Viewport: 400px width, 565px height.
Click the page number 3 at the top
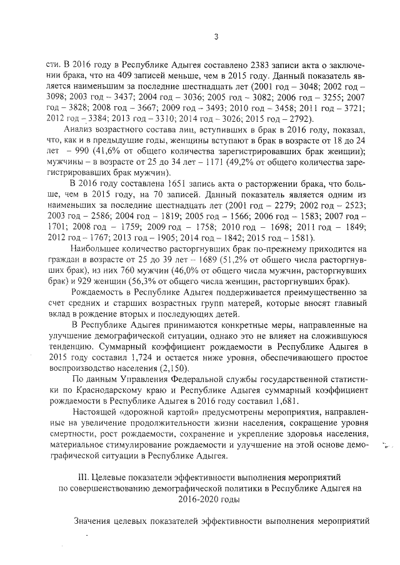coord(215,36)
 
